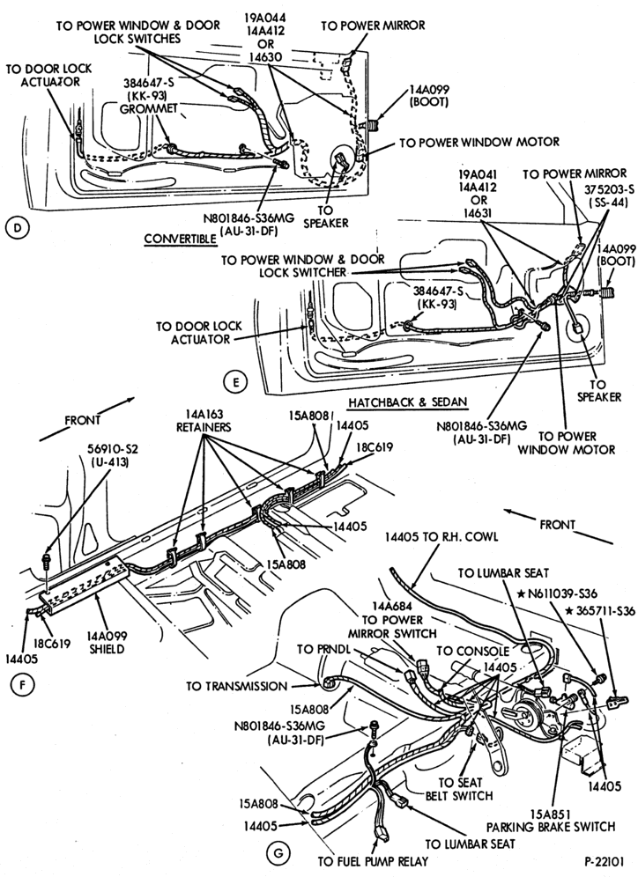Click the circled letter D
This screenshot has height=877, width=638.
(18, 228)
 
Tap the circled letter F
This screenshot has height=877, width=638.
(21, 684)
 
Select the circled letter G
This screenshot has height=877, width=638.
(278, 852)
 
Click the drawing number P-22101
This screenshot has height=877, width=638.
(605, 861)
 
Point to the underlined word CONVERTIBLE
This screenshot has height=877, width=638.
(180, 239)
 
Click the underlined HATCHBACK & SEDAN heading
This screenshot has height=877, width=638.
(407, 402)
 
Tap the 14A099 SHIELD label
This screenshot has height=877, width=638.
(107, 643)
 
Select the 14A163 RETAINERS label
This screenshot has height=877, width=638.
(204, 421)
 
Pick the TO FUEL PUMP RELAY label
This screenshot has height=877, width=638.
(373, 861)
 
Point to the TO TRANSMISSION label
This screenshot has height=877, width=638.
(237, 686)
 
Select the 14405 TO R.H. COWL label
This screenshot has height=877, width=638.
(441, 536)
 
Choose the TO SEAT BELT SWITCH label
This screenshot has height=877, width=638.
(465, 789)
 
